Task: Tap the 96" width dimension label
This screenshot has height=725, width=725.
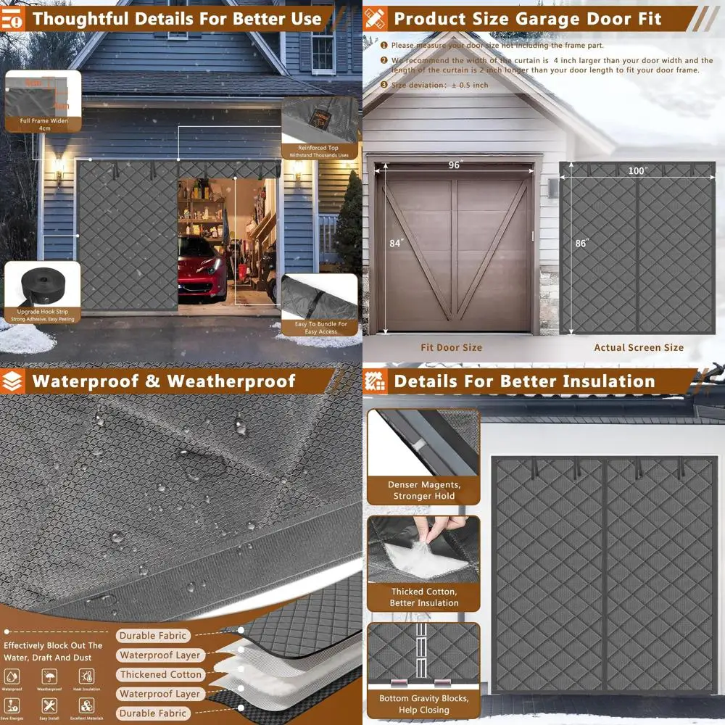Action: (x=455, y=165)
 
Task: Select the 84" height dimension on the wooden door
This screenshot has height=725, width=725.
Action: (x=396, y=243)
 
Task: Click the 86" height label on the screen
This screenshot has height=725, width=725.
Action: (x=581, y=243)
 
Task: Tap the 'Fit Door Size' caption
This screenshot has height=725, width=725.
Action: (x=451, y=347)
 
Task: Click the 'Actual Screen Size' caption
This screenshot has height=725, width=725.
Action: (x=639, y=347)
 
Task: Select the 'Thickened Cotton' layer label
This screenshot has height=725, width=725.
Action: (x=161, y=674)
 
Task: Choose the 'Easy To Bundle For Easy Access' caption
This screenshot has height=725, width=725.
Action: (x=321, y=328)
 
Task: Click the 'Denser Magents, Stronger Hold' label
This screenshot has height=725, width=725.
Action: (x=424, y=490)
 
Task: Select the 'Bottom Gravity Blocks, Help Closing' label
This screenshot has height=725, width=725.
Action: (x=424, y=704)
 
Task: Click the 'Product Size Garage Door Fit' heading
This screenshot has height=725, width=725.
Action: (x=527, y=18)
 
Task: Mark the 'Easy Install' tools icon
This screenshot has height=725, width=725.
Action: (x=50, y=705)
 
